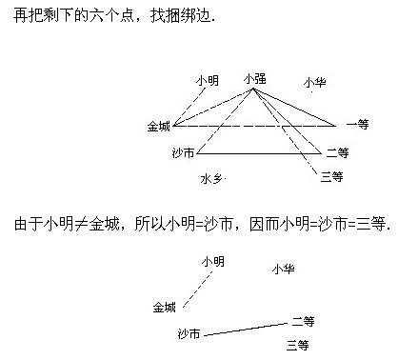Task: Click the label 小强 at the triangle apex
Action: coord(253,79)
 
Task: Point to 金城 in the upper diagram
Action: coord(158,125)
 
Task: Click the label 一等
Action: coord(357,125)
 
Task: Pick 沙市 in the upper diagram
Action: coord(183,152)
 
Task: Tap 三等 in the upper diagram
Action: coord(331,176)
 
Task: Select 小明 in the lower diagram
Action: coord(212,261)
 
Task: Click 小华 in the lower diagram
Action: coord(282,270)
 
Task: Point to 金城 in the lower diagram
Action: coord(164,307)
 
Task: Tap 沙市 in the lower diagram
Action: coord(189,333)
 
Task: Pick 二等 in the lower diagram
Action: coord(303,321)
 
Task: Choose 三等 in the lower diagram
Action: coord(298,344)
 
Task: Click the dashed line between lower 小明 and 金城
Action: coord(196,287)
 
